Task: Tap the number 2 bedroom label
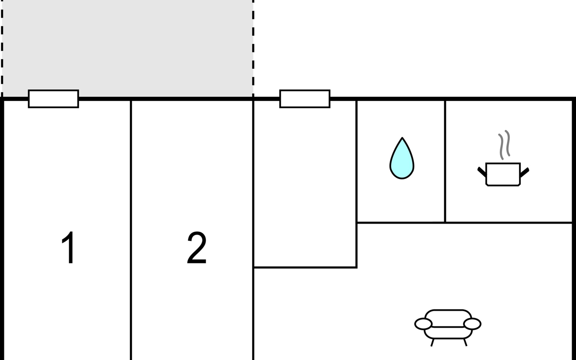[197, 247]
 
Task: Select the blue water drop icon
[402, 158]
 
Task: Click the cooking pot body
[503, 174]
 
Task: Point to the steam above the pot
[504, 145]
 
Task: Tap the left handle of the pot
[482, 172]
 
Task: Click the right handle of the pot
[525, 172]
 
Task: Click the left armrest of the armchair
[423, 324]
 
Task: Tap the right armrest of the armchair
[472, 324]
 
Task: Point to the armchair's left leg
[432, 343]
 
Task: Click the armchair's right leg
[465, 342]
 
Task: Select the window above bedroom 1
[53, 99]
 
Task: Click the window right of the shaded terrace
[305, 99]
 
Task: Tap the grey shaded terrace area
[127, 48]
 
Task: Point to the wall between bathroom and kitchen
[445, 161]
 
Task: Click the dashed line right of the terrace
[253, 48]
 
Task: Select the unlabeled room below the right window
[305, 183]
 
